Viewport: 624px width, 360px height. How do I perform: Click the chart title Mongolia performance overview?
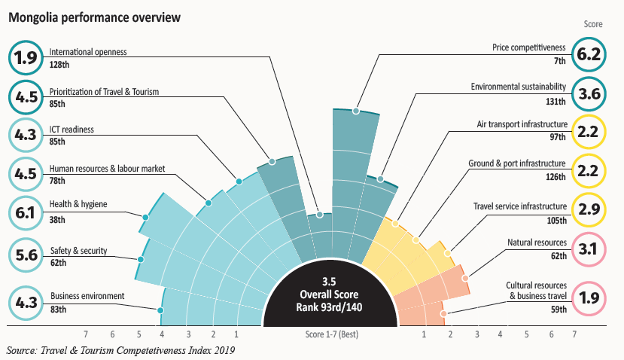[94, 17]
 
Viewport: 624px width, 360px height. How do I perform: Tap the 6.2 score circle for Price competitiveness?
[589, 54]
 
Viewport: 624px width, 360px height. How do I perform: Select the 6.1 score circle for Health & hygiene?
[26, 213]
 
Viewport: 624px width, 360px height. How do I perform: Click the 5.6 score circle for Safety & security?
[26, 255]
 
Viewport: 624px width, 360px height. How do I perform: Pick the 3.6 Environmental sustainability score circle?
[589, 94]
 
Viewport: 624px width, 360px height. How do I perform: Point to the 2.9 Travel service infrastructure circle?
[589, 209]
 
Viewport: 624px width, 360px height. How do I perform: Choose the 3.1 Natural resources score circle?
[589, 249]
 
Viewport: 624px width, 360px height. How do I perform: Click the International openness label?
[88, 52]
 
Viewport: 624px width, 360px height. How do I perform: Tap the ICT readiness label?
[72, 130]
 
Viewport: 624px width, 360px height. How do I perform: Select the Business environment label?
[87, 296]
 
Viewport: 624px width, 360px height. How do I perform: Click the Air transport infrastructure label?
[522, 124]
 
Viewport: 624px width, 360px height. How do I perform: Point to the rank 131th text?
[556, 102]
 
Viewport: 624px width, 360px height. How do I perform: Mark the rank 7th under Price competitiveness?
[559, 61]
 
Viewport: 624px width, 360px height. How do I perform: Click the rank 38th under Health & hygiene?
[57, 220]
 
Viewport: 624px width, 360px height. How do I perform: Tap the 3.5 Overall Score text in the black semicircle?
[329, 294]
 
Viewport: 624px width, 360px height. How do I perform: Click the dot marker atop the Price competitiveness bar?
[356, 111]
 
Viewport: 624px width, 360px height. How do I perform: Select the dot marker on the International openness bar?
[320, 215]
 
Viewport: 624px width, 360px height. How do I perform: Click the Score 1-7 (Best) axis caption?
[332, 334]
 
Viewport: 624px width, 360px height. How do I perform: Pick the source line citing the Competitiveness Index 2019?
[120, 350]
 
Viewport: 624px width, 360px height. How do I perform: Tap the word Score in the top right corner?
[593, 24]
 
